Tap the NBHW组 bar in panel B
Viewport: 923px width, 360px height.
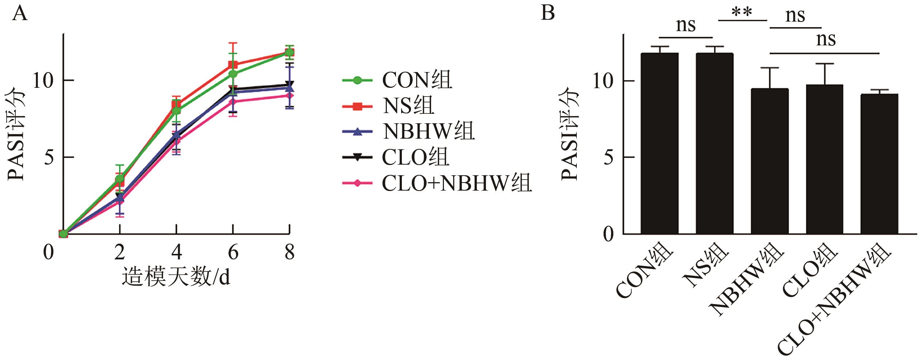pyautogui.click(x=769, y=161)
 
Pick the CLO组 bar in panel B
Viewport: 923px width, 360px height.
pyautogui.click(x=824, y=159)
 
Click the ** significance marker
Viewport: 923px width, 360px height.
pyautogui.click(x=742, y=13)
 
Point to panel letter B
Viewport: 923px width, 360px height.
pyautogui.click(x=548, y=13)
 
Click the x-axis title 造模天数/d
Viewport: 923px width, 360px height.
pyautogui.click(x=176, y=277)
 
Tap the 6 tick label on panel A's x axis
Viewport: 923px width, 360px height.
pyautogui.click(x=233, y=252)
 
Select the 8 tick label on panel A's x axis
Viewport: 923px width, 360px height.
pyautogui.click(x=289, y=252)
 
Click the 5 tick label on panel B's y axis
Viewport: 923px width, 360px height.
pyautogui.click(x=608, y=157)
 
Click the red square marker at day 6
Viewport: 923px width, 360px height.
pyautogui.click(x=233, y=65)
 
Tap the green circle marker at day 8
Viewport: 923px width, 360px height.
pyautogui.click(x=289, y=52)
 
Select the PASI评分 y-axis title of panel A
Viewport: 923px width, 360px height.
pyautogui.click(x=16, y=134)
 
